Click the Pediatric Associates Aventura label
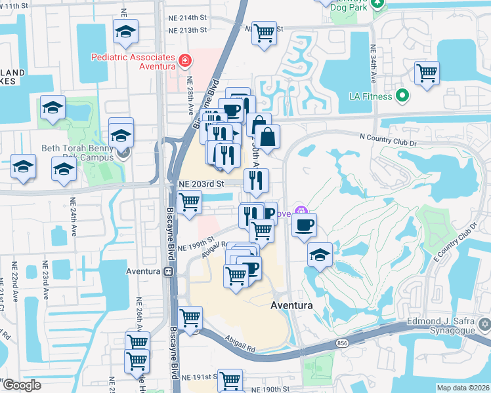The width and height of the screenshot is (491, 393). (134, 61)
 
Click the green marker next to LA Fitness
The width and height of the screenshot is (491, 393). (403, 97)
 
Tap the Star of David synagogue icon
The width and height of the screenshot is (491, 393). (484, 324)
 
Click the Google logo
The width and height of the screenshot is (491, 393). (22, 384)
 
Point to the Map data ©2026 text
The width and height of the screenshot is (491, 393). (463, 388)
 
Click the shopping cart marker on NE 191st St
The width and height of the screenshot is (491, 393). (230, 380)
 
